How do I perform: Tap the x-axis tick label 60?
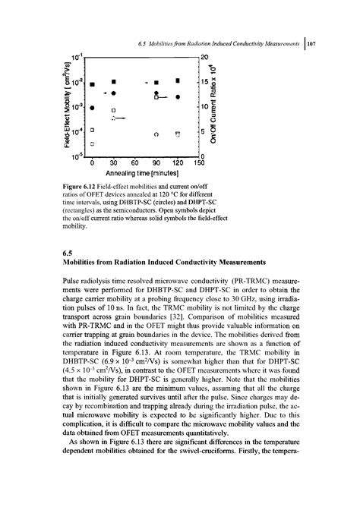pos(134,162)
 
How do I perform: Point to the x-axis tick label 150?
pos(200,162)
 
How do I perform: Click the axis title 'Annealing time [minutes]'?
pos(145,173)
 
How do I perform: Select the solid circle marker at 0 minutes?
pos(92,108)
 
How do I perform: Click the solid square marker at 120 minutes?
pos(177,80)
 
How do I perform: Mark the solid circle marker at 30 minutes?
pos(113,93)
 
